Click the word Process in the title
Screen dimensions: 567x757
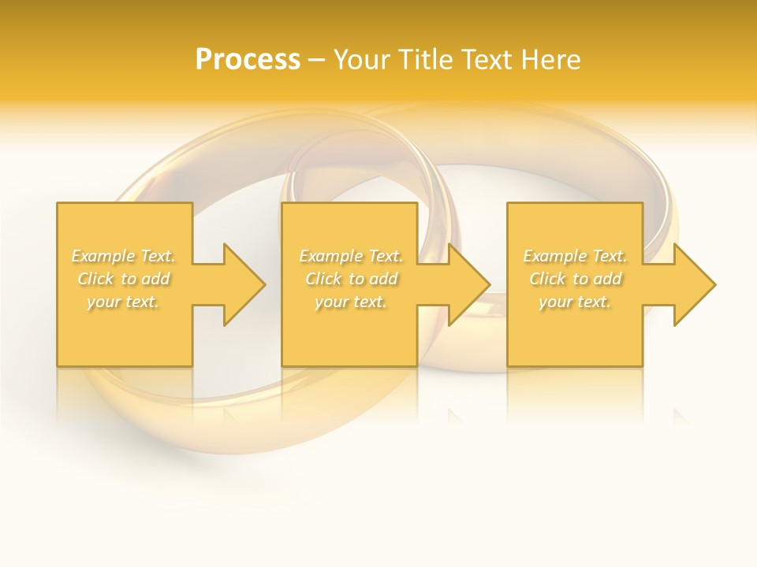click(x=248, y=60)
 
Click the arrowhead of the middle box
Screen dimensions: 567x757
click(x=468, y=284)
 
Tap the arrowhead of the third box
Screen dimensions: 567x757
click(x=694, y=284)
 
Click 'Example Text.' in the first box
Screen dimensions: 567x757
click(x=123, y=256)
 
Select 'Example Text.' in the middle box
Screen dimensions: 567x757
click(x=351, y=256)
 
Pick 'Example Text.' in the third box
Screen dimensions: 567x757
click(x=575, y=256)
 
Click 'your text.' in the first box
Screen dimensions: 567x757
click(x=123, y=302)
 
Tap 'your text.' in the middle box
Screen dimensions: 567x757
click(x=351, y=302)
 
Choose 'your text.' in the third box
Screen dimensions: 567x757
click(x=575, y=302)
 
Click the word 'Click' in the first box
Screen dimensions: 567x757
click(x=95, y=279)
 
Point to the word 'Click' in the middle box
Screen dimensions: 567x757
click(x=323, y=279)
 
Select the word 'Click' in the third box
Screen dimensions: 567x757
click(x=547, y=279)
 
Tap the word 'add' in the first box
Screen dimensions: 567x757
click(x=155, y=279)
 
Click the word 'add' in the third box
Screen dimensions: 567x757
click(x=607, y=279)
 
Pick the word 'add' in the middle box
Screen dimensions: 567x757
click(x=383, y=279)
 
